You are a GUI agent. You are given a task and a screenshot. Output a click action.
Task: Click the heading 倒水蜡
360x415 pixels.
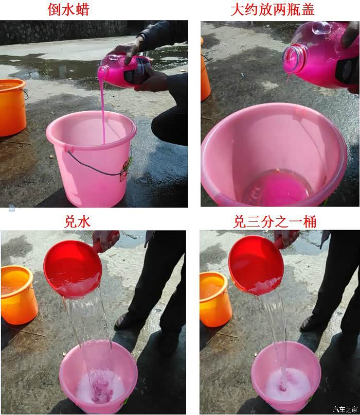point(68,9)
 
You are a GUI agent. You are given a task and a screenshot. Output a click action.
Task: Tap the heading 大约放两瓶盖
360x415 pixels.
point(273,9)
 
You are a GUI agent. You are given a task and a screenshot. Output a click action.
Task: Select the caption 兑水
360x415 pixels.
point(77,221)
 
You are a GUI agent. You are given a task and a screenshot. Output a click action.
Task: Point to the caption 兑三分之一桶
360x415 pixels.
point(275,221)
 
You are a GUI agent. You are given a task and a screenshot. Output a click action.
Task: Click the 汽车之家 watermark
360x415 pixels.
point(345,409)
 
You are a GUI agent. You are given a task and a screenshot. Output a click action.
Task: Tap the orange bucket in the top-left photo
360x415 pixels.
point(12,107)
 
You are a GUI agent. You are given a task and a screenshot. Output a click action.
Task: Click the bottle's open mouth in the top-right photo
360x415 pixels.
point(293,58)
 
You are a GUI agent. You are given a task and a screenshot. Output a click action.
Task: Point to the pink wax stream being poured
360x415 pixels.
point(102,106)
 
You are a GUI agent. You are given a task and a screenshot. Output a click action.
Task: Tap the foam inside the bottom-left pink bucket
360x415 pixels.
point(100,386)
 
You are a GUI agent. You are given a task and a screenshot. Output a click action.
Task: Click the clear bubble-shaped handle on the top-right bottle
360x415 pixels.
point(321,28)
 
